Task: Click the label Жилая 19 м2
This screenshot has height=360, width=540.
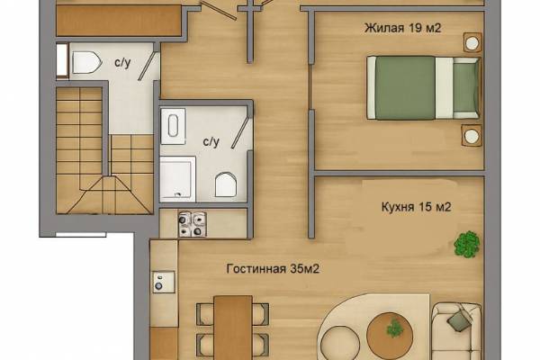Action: click(x=402, y=28)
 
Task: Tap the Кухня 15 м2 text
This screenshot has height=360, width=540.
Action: click(x=416, y=207)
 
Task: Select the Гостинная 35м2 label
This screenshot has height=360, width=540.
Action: click(x=273, y=269)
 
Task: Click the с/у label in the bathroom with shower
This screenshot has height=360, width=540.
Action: click(x=211, y=141)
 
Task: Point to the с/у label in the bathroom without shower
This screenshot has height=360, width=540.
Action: click(x=122, y=63)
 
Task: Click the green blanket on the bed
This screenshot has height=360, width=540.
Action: click(x=405, y=88)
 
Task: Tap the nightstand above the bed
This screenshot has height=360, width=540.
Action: click(x=472, y=42)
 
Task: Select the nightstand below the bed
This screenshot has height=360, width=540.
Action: click(x=472, y=135)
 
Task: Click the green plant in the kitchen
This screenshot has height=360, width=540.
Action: click(x=467, y=244)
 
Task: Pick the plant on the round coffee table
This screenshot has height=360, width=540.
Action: click(x=395, y=328)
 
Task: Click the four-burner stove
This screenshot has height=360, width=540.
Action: click(x=193, y=224)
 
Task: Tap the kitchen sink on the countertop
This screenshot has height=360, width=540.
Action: click(x=164, y=282)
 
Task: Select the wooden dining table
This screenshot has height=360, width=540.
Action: click(x=233, y=328)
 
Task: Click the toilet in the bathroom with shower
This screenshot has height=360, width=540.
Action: click(x=226, y=184)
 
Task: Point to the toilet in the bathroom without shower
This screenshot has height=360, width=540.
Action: click(x=86, y=62)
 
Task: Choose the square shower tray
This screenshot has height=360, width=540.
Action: click(x=177, y=179)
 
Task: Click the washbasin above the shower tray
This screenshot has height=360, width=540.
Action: click(x=173, y=126)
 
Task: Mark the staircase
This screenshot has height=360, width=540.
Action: click(x=104, y=150)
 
